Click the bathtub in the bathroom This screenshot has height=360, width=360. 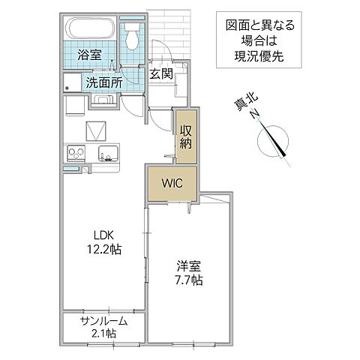pos(91,31)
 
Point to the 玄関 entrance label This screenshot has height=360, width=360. pos(159,73)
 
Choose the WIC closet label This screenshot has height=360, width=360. pos(172,181)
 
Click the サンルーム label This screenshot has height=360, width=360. pos(103,321)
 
